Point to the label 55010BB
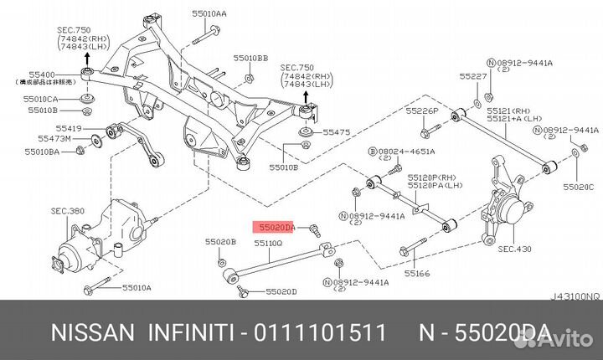[x=251, y=59]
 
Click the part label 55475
[x=336, y=132]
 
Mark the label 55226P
[x=422, y=111]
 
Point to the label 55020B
[x=221, y=242]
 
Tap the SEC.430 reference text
[x=515, y=249]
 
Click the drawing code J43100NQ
[x=575, y=295]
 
